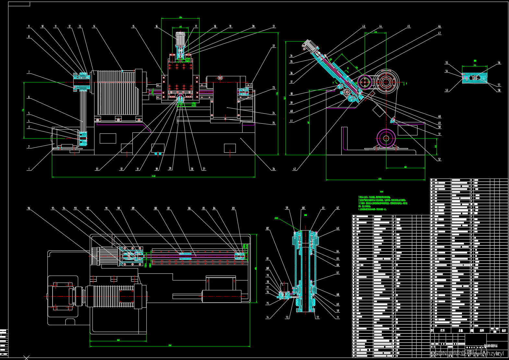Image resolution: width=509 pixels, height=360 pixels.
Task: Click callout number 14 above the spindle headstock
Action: [x=94, y=27]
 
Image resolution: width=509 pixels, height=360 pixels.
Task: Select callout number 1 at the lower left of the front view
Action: [x=29, y=169]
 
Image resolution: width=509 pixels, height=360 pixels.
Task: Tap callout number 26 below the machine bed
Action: [x=273, y=169]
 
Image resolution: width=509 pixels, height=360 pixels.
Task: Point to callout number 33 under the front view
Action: [x=97, y=169]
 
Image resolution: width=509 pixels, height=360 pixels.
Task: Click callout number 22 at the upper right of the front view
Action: [x=273, y=46]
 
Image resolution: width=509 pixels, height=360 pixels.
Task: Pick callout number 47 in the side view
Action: [x=439, y=33]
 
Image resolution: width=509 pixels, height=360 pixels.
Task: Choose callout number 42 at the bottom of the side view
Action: [x=294, y=169]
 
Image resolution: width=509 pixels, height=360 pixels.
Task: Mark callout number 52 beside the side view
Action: [x=439, y=159]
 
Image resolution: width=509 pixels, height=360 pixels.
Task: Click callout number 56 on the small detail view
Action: [x=499, y=63]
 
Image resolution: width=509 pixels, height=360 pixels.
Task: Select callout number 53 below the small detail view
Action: [x=446, y=90]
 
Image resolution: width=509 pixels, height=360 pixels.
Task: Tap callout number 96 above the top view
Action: [x=29, y=208]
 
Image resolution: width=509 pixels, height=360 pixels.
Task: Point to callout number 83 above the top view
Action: [x=233, y=208]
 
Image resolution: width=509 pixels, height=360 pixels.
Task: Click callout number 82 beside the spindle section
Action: [x=267, y=229]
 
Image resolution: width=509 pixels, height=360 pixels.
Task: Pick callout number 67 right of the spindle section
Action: [x=337, y=273]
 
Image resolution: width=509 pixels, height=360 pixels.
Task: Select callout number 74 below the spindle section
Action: [x=267, y=317]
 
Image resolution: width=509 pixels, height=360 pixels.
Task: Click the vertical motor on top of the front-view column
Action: [x=180, y=39]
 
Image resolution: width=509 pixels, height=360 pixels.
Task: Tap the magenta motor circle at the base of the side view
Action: [x=386, y=138]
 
